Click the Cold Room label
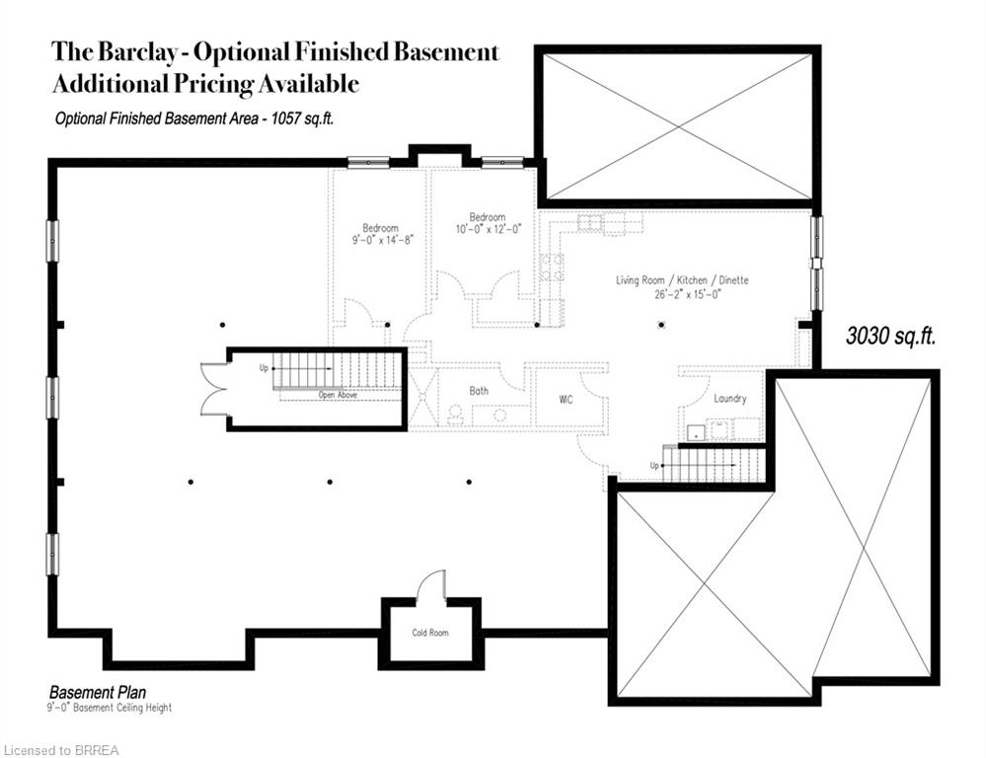(x=430, y=633)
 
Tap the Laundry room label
(x=729, y=399)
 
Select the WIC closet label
(x=567, y=400)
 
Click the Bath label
(x=479, y=392)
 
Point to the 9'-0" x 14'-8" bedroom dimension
(x=380, y=239)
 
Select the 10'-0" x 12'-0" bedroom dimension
(x=488, y=229)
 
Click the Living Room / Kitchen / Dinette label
(x=682, y=280)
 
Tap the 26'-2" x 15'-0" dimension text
(x=682, y=293)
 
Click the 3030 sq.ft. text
(x=890, y=336)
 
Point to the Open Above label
(x=338, y=395)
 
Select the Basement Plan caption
(x=98, y=693)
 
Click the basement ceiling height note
(x=109, y=708)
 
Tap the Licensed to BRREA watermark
(x=61, y=750)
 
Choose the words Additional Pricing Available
(x=205, y=84)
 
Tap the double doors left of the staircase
(x=212, y=389)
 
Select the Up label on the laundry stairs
(x=654, y=465)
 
